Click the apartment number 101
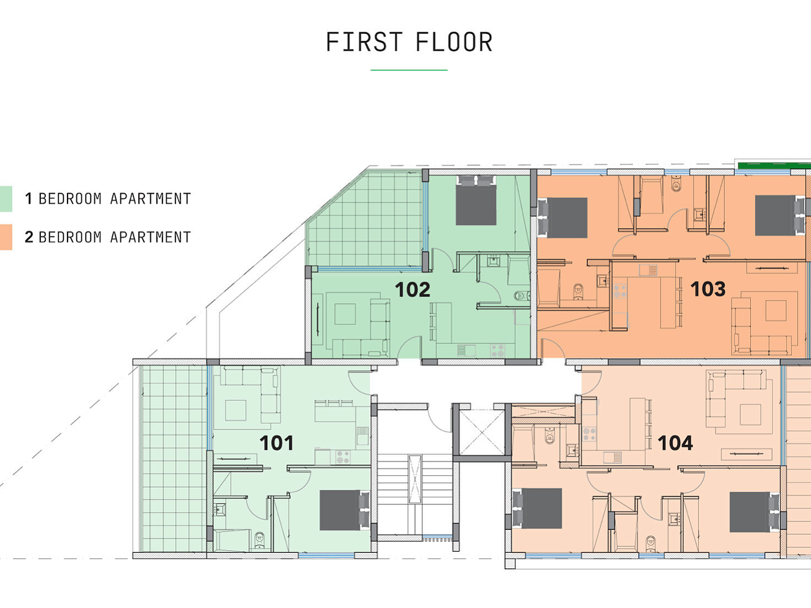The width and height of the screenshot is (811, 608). point(277,443)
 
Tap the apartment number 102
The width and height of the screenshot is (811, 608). point(412,289)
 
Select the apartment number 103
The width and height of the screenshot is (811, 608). point(708,289)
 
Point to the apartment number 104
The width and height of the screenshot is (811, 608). point(675,443)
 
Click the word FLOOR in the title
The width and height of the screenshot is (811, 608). point(454,42)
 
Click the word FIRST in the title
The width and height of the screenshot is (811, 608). point(364,42)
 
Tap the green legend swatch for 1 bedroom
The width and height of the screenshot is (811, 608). point(6,199)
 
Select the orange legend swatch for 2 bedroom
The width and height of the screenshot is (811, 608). point(6,237)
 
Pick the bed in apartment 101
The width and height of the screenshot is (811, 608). point(344,510)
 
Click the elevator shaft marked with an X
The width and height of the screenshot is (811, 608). point(482,433)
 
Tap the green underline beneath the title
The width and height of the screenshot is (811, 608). point(409,70)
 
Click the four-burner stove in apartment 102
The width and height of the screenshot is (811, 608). point(497,350)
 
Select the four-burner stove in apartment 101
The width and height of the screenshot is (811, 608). point(342,457)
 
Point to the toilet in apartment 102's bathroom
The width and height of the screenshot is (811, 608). point(521,296)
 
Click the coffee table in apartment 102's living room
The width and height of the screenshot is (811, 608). point(345,314)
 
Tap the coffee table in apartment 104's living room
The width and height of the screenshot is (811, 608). point(750,415)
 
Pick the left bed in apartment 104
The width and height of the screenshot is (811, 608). point(537,509)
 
